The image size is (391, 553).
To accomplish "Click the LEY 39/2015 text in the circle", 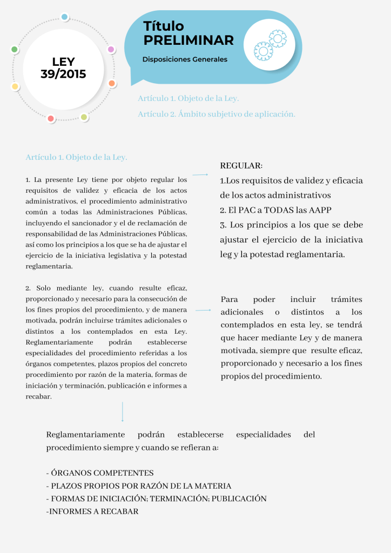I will pyautogui.click(x=63, y=68).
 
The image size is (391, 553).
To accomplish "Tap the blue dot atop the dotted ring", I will pyautogui.click(x=64, y=17).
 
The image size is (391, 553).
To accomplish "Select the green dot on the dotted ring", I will pyautogui.click(x=15, y=49).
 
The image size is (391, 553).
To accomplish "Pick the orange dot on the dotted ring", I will pyautogui.click(x=112, y=83).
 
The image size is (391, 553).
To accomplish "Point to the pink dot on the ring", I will pyautogui.click(x=111, y=49).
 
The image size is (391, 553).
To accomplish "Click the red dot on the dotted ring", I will pyautogui.click(x=51, y=118).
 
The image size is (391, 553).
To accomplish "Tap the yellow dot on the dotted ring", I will pyautogui.click(x=15, y=86).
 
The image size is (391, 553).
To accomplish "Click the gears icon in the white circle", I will pyautogui.click(x=269, y=45).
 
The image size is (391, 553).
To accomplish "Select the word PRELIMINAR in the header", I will pyautogui.click(x=188, y=40).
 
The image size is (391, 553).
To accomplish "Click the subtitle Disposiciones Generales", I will pyautogui.click(x=185, y=59).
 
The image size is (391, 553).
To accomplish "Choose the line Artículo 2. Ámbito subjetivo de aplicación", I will pyautogui.click(x=216, y=114).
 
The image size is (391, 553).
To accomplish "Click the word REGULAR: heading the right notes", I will pyautogui.click(x=241, y=165).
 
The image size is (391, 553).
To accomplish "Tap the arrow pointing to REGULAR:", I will pyautogui.click(x=200, y=174).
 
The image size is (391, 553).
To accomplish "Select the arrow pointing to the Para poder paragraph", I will pyautogui.click(x=203, y=311).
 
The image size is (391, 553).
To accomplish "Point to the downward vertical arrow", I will pyautogui.click(x=123, y=412).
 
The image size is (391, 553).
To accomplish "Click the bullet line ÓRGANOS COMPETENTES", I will pyautogui.click(x=100, y=473).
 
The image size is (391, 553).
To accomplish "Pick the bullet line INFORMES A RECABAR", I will pyautogui.click(x=92, y=511).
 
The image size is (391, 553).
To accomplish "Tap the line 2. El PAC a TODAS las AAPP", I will pyautogui.click(x=275, y=210).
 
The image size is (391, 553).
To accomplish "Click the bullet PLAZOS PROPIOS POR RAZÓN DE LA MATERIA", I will pyautogui.click(x=139, y=485).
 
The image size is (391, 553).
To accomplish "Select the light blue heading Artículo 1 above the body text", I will pyautogui.click(x=76, y=157).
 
